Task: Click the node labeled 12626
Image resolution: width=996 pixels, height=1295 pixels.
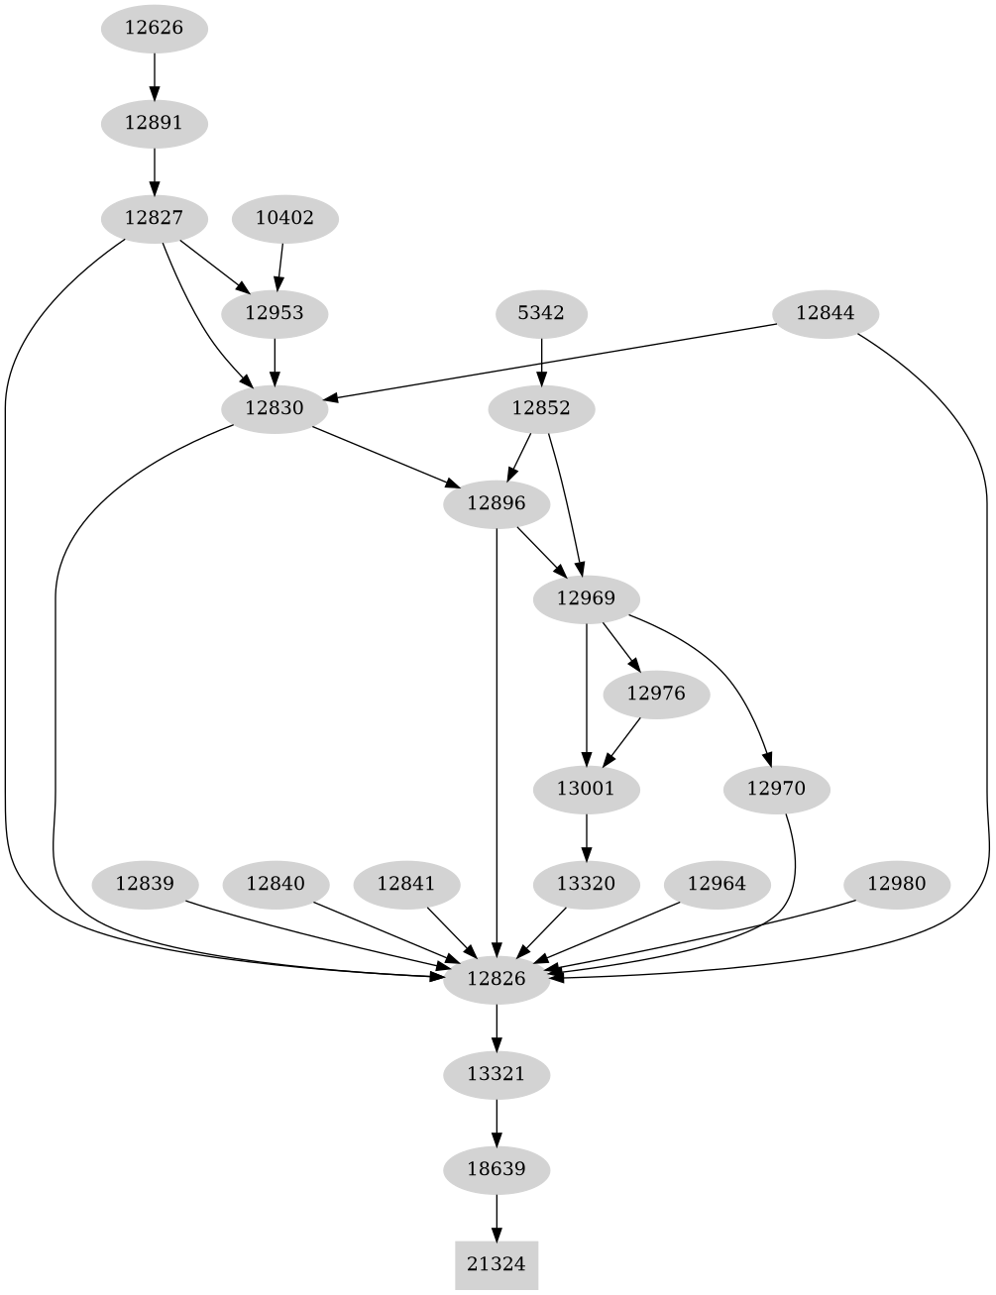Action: pyautogui.click(x=154, y=27)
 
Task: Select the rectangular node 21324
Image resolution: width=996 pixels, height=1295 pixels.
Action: pyautogui.click(x=497, y=1264)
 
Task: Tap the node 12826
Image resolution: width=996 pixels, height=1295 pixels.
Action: pyautogui.click(x=497, y=979)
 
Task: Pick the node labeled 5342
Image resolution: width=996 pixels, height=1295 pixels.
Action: pyautogui.click(x=541, y=313)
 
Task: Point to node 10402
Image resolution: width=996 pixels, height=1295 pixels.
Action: pyautogui.click(x=284, y=218)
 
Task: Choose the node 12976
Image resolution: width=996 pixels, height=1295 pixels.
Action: pyautogui.click(x=656, y=694)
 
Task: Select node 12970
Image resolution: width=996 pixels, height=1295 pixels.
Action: pyautogui.click(x=776, y=789)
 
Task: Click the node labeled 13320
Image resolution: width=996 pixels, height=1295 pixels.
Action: pyautogui.click(x=588, y=883)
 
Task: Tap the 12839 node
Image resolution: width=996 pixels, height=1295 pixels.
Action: pyautogui.click(x=145, y=883)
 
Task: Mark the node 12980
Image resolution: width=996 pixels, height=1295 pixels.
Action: pyautogui.click(x=897, y=883)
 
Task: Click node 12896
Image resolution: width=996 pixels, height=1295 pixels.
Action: pyautogui.click(x=497, y=503)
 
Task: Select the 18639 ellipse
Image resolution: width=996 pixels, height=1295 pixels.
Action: pyautogui.click(x=497, y=1169)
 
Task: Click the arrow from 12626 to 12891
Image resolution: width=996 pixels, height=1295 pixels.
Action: pyautogui.click(x=154, y=75)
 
